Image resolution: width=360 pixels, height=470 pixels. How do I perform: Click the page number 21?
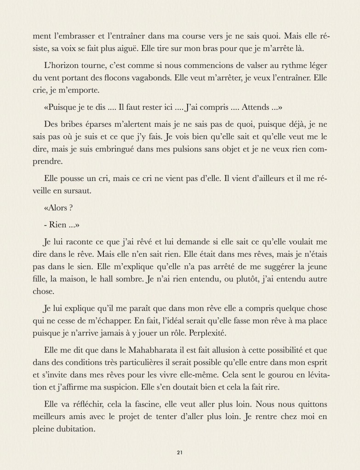pos(180,453)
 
